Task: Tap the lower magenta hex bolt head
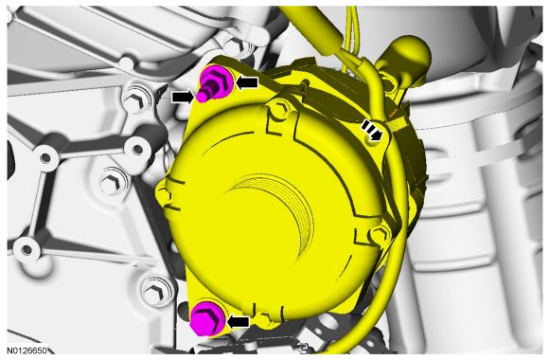[206, 321]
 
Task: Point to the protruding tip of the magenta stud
[201, 97]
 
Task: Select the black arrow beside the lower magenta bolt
[239, 321]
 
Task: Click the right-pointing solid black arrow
[183, 97]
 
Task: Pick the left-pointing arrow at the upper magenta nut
[247, 82]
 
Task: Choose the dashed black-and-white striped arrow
[371, 130]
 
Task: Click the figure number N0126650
[27, 351]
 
